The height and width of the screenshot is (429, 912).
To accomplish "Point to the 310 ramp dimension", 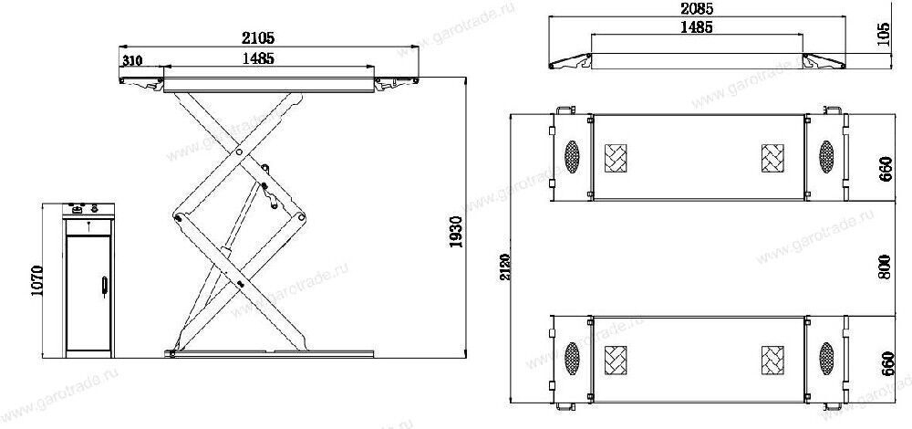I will tap(133, 60).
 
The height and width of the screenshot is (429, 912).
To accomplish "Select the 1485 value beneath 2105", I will tap(261, 58).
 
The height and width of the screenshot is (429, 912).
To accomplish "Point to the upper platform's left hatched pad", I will tap(618, 159).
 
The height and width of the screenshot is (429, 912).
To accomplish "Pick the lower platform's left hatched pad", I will tap(618, 357).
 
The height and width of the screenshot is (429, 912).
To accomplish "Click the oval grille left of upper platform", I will tap(573, 157).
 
